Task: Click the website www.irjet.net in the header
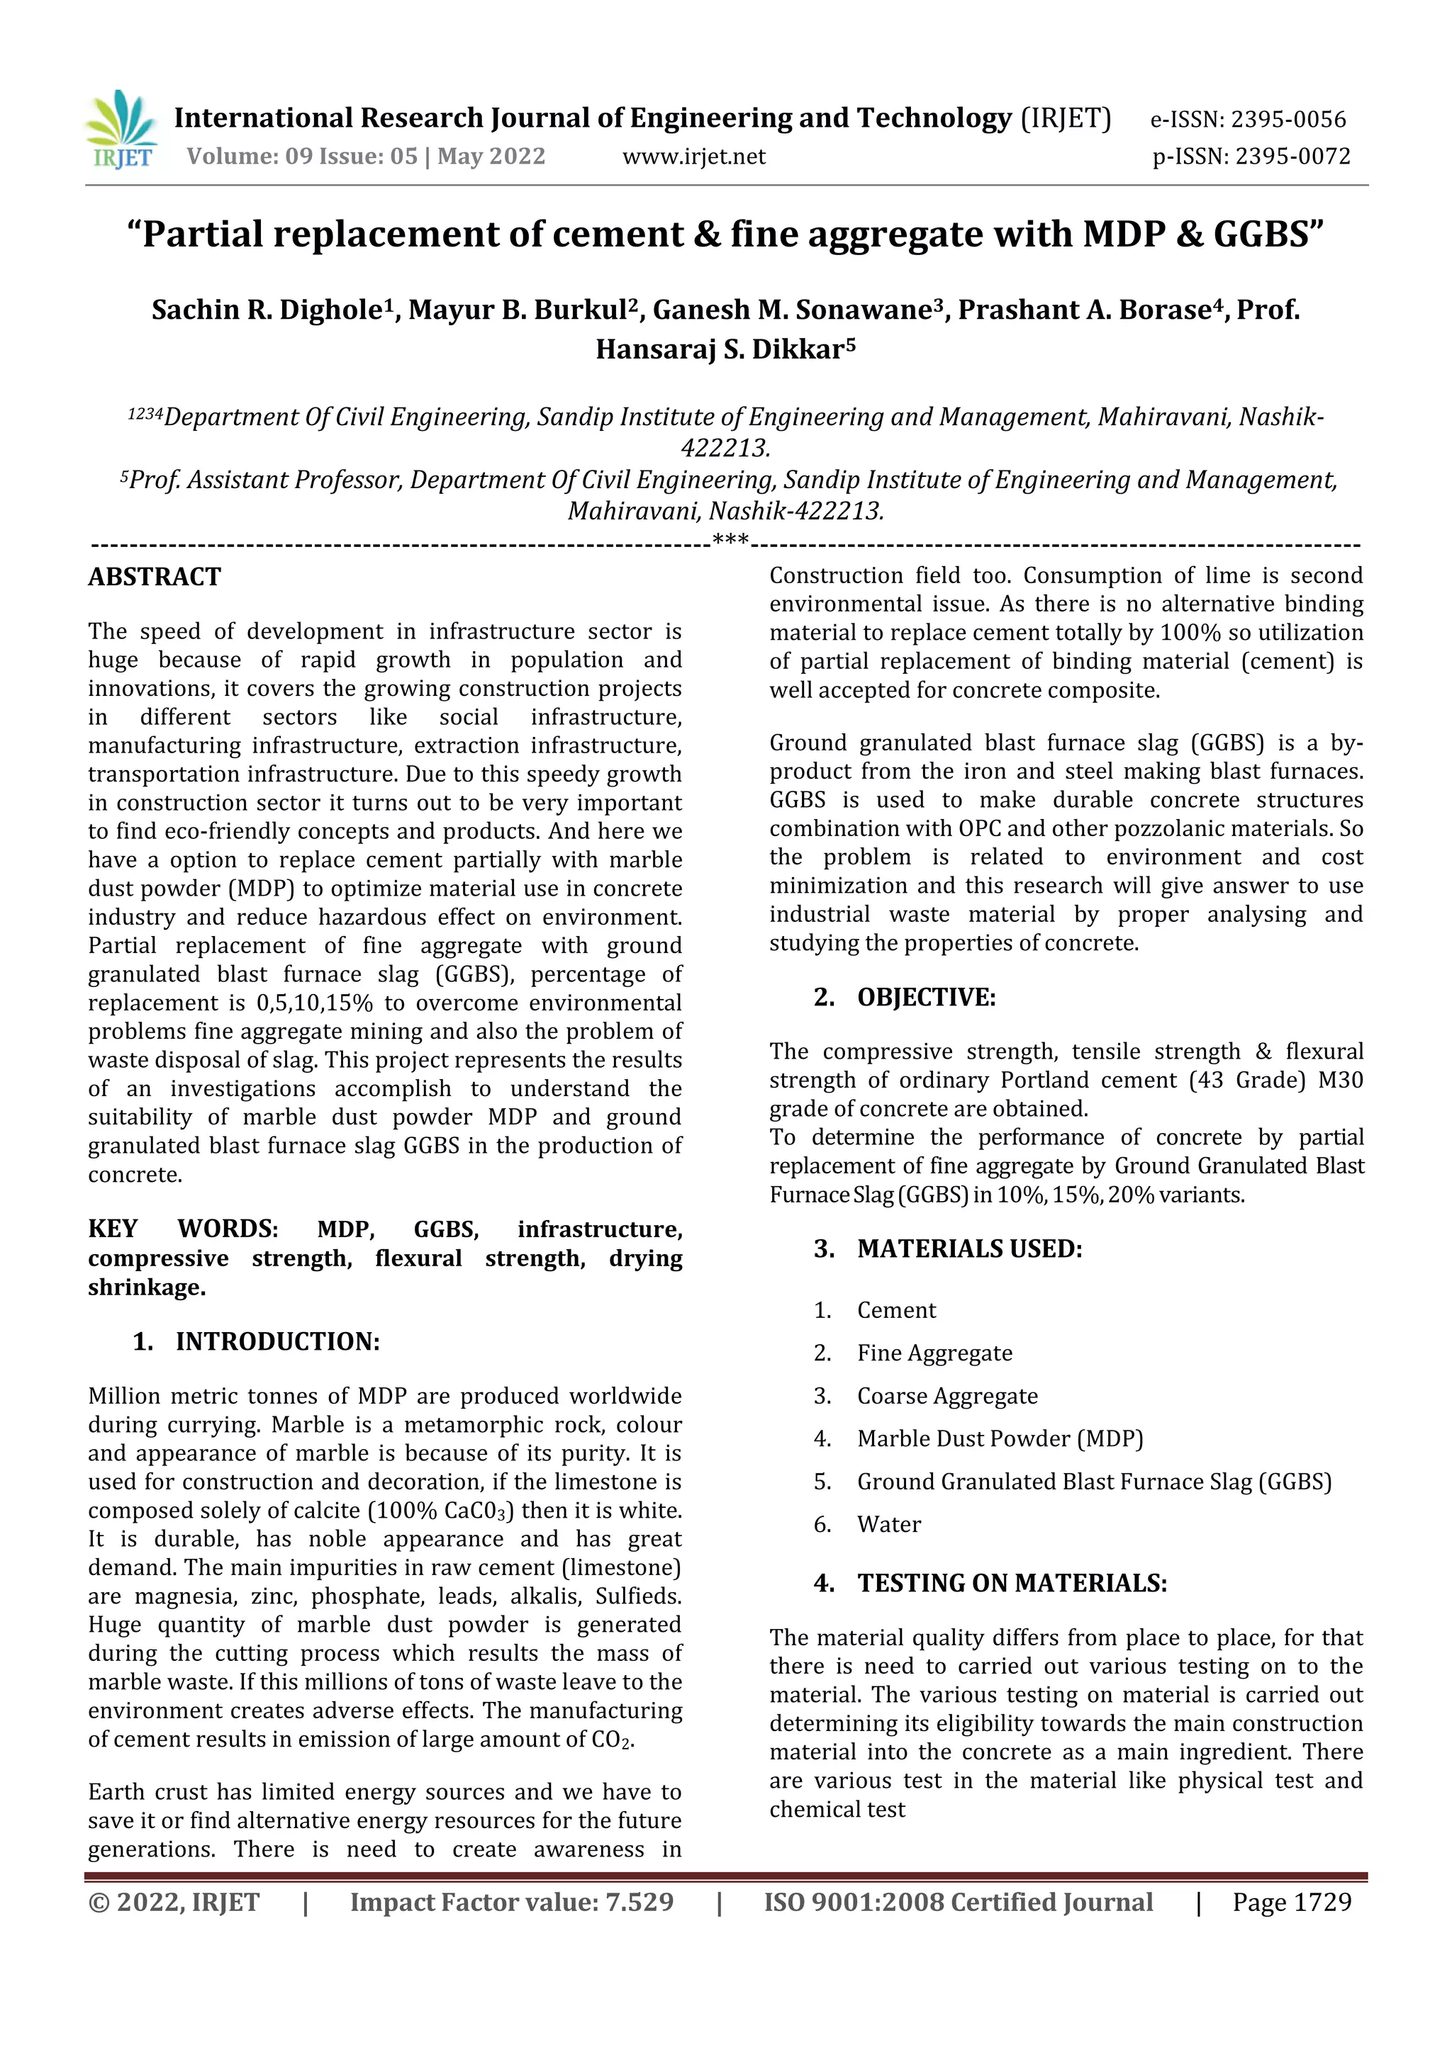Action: (x=694, y=157)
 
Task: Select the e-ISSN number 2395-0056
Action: (x=1288, y=119)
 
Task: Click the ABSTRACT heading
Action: (x=154, y=577)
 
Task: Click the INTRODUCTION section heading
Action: (x=277, y=1341)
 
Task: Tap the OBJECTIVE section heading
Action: (x=925, y=998)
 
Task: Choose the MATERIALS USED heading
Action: (x=969, y=1248)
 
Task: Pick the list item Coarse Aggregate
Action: (x=946, y=1396)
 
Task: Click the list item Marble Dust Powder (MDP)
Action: (x=1000, y=1439)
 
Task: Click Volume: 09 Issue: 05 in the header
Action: (x=302, y=157)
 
